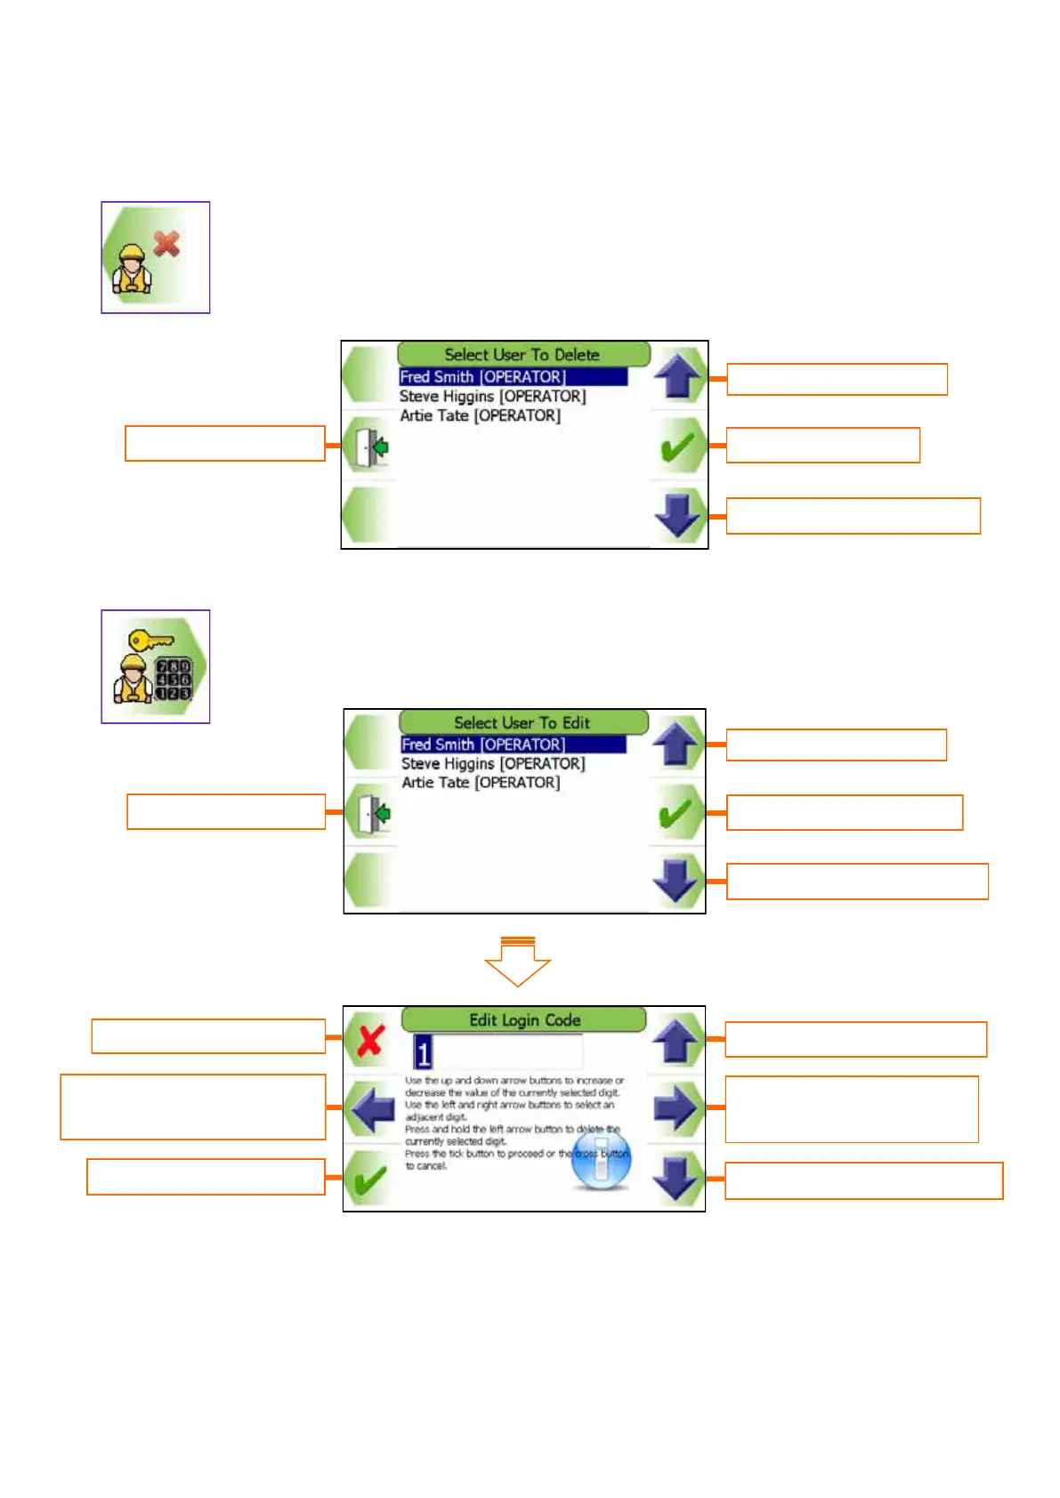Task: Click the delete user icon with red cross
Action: pos(155,257)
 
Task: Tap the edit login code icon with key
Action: pos(155,666)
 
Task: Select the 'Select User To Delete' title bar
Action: pos(523,354)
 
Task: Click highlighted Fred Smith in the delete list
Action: pos(482,377)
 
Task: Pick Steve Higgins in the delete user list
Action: pos(492,397)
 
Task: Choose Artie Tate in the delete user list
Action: pos(480,415)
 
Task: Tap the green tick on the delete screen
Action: pos(678,446)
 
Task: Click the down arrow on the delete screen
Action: pos(678,515)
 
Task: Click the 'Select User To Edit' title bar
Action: pos(523,722)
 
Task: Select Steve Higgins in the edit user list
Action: pos(492,764)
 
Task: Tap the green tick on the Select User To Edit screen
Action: pos(676,813)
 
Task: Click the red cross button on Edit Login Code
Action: pos(370,1040)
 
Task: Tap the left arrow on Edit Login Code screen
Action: pos(372,1108)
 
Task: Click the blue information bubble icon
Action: pos(601,1161)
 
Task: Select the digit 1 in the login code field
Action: pos(424,1053)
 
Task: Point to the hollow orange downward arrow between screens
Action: pos(517,963)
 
